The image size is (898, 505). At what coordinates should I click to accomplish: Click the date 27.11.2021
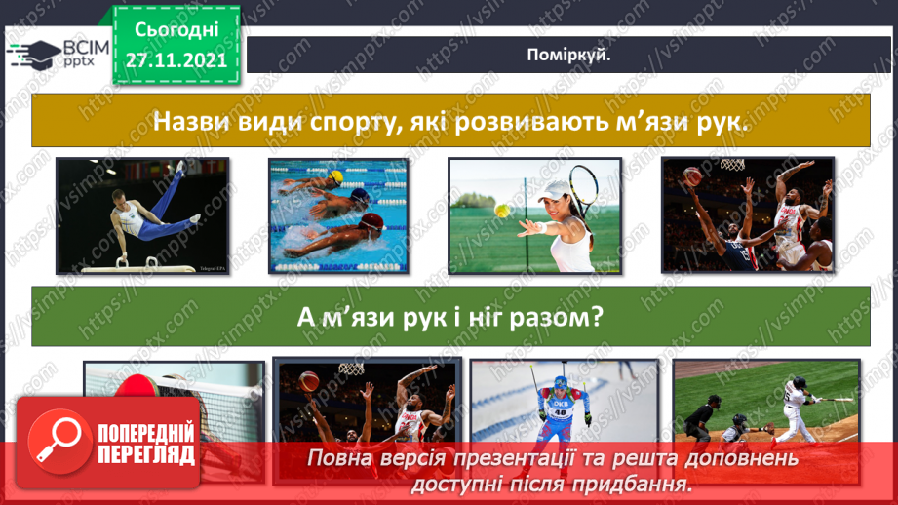pos(176,59)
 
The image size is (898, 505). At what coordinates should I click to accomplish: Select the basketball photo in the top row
pos(747,214)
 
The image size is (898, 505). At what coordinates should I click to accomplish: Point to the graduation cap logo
pos(33,54)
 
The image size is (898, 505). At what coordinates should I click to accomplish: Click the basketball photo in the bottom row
pos(366,402)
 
